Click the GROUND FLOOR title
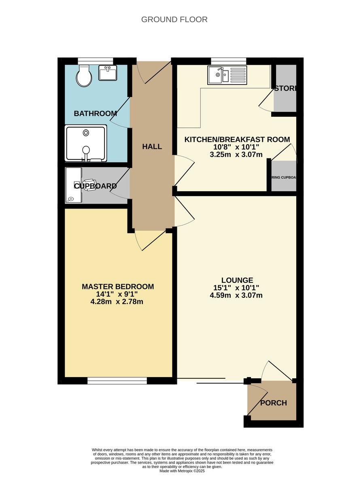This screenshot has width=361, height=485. point(174,19)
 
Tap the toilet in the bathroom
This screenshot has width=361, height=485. point(84,76)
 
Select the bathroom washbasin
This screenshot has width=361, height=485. point(108,73)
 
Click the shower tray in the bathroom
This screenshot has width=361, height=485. point(86,143)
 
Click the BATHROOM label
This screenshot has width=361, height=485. point(95,114)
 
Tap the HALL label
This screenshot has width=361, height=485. point(152,147)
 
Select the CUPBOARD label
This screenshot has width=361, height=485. point(96,186)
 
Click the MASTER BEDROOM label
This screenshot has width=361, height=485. point(118,287)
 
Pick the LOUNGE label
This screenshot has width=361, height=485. point(237,280)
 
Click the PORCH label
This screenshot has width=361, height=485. point(273,403)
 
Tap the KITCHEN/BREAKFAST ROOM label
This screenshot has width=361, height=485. point(237,139)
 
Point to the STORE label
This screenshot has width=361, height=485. point(285,89)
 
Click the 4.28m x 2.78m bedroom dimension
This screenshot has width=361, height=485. point(118,302)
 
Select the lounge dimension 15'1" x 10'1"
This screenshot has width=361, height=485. point(237,288)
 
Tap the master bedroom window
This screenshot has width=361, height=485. point(117,381)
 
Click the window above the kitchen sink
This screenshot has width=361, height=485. point(228,61)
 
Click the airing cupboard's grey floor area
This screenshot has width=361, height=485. point(284,184)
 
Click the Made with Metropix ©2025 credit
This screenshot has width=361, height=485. point(182,471)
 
